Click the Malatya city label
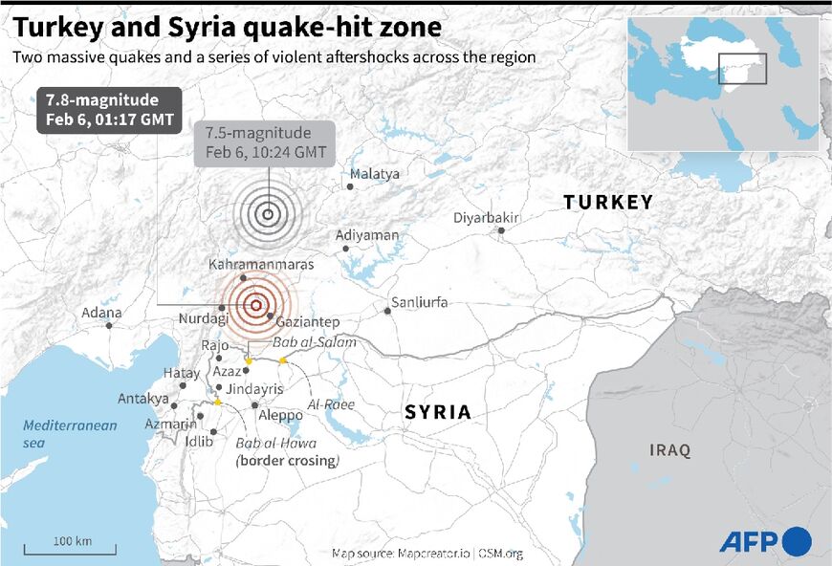click(x=375, y=174)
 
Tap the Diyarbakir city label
click(x=487, y=218)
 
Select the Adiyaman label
click(x=367, y=235)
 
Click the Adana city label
click(x=101, y=312)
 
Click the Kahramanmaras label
click(x=260, y=264)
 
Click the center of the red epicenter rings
click(x=255, y=305)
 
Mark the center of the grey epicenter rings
click(x=269, y=214)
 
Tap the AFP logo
click(x=765, y=541)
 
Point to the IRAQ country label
click(x=669, y=450)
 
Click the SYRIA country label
click(x=438, y=412)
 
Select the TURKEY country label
click(x=607, y=202)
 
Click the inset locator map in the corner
click(x=722, y=84)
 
